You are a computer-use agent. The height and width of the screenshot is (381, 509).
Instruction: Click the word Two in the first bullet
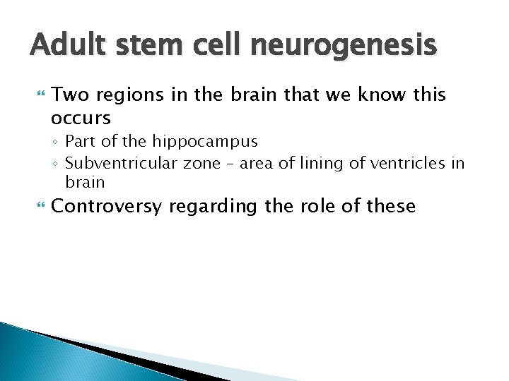coord(69,95)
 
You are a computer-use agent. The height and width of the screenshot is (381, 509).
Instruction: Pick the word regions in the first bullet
coord(124,95)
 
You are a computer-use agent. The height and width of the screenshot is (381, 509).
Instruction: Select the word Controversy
coord(105,207)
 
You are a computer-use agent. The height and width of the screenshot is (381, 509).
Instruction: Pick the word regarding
coord(209,207)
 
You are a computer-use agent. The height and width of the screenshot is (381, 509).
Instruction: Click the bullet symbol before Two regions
coord(38,95)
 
